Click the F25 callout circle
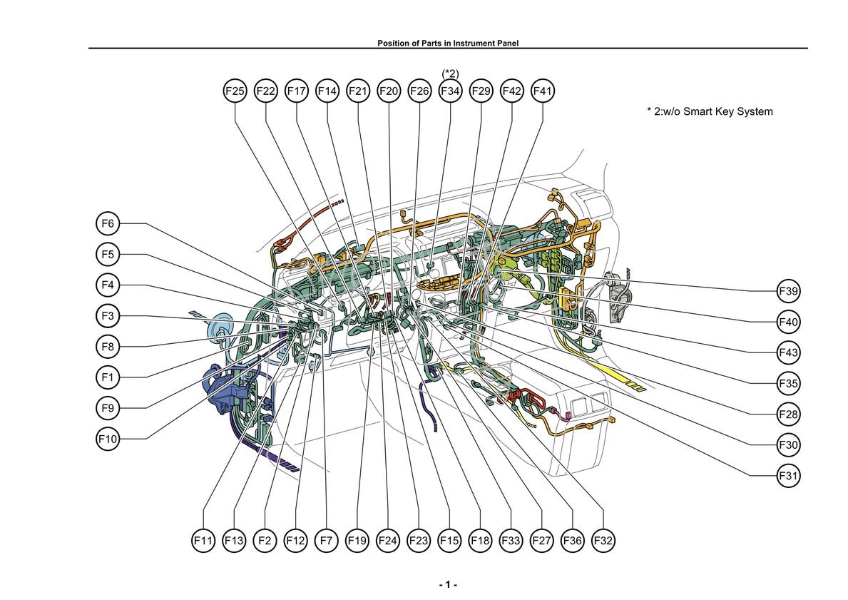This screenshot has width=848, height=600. (x=235, y=91)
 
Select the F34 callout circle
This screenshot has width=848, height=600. (x=450, y=91)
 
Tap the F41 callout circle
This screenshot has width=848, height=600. (x=543, y=91)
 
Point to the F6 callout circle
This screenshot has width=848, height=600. (x=108, y=223)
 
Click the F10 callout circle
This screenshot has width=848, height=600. (x=108, y=439)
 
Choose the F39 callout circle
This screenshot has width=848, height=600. (x=788, y=291)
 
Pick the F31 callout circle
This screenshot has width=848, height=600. (x=788, y=476)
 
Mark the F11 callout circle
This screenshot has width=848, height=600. (x=203, y=541)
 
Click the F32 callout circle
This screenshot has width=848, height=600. (x=603, y=541)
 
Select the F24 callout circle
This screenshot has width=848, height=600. (x=388, y=541)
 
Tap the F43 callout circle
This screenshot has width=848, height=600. (x=788, y=352)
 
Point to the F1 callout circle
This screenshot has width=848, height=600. (x=108, y=377)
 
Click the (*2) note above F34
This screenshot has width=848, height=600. (x=451, y=73)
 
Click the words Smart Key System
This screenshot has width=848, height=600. (x=728, y=111)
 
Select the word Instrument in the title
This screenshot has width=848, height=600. (x=471, y=44)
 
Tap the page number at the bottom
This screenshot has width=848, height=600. (x=448, y=585)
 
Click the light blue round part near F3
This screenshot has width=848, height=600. (x=219, y=330)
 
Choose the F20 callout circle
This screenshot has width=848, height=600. (x=388, y=91)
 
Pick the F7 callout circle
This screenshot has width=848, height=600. (x=326, y=541)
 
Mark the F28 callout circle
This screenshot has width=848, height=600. (x=788, y=415)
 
